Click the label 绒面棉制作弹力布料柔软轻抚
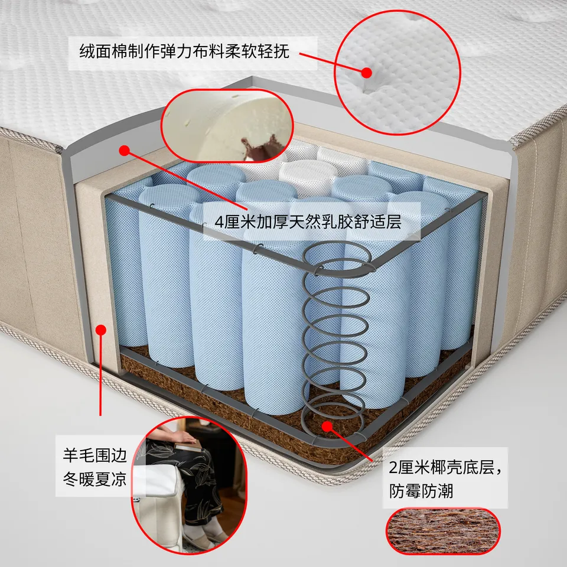pos(184,52)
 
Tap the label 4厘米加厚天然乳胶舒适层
pos(308,221)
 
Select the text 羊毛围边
pos(95,455)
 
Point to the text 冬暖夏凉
pos(95,479)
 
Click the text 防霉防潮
pos(421,491)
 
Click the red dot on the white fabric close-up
pos(367,73)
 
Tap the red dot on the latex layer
pos(125,151)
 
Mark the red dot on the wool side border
pos(101,330)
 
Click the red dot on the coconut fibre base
pos(327,426)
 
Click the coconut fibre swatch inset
pos(444,531)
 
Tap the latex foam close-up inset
pos(227,125)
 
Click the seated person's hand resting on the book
pos(183,438)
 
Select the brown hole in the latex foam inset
pos(261,146)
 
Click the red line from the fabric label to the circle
pos(333,63)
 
